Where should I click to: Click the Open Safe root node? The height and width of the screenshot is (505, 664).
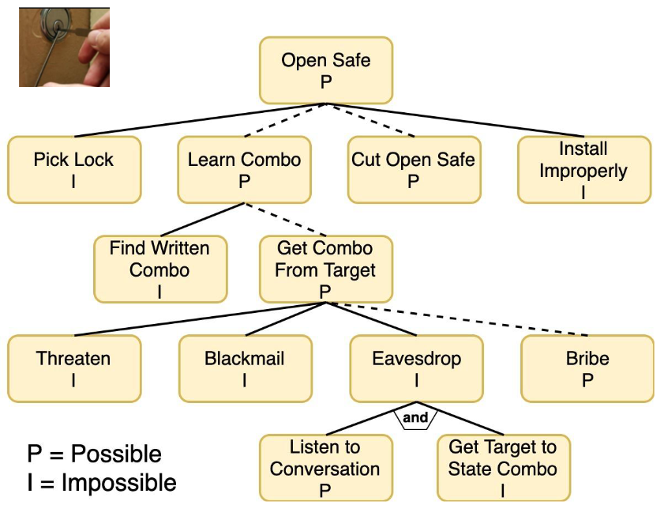point(325,70)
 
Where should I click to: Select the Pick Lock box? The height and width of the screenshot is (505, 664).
point(74,169)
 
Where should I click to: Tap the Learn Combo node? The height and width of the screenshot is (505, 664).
point(244,169)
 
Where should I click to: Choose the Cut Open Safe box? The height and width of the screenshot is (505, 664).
point(414,169)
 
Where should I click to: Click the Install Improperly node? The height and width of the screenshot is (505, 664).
point(583,169)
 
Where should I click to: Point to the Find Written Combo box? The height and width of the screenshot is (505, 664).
point(159,269)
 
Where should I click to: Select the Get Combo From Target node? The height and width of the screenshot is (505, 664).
point(325,269)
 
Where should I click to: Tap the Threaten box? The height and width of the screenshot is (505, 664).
point(74,368)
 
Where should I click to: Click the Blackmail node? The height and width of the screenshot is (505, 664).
point(244,368)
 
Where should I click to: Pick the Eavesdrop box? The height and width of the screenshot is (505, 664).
point(416,368)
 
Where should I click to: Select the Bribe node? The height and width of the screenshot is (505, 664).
point(587,368)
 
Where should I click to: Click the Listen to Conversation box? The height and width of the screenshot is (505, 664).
point(325,467)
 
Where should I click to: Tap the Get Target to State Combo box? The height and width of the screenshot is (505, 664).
point(503,467)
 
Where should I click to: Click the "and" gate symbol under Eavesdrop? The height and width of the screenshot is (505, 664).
point(415,418)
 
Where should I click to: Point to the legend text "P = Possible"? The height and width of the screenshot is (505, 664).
point(94,454)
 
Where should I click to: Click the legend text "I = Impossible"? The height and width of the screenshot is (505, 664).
point(102,482)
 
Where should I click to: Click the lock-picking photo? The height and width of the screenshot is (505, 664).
point(64,47)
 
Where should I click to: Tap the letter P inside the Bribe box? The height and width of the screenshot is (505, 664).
point(587,380)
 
